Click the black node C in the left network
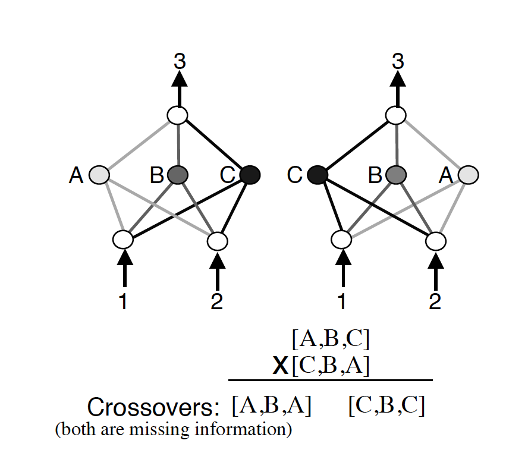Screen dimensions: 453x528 click(x=250, y=175)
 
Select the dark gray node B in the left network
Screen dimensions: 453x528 click(x=177, y=175)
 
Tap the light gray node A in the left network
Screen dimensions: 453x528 click(x=99, y=175)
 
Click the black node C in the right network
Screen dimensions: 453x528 click(x=318, y=175)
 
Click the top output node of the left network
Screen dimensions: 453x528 click(x=177, y=115)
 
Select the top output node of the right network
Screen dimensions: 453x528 click(x=395, y=115)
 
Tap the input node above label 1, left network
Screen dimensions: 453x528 click(x=124, y=240)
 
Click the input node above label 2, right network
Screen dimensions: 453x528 click(x=436, y=241)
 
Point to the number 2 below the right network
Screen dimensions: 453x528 click(x=435, y=302)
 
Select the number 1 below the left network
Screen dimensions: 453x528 click(x=123, y=302)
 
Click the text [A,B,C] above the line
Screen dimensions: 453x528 click(x=331, y=339)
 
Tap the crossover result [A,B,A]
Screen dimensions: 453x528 click(x=272, y=405)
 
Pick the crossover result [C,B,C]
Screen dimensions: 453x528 click(x=387, y=405)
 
